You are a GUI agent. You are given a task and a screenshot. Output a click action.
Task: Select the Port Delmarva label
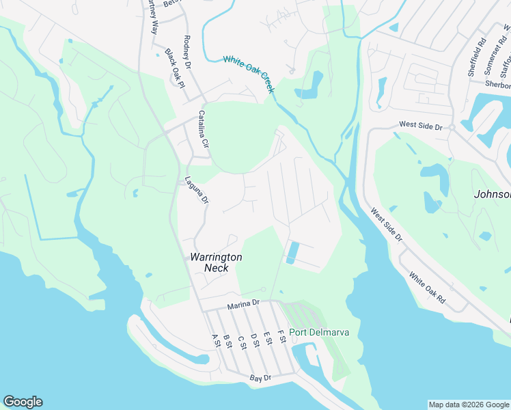point(319,333)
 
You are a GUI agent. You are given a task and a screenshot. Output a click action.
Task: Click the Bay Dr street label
point(260,377)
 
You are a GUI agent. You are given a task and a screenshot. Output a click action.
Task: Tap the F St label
point(281,336)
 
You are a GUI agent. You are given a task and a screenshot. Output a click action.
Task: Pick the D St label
point(254,339)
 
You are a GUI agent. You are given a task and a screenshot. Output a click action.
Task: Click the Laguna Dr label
point(197,191)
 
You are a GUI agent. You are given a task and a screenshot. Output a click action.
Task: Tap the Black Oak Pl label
point(174,68)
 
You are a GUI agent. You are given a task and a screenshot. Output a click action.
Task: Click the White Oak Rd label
point(427,288)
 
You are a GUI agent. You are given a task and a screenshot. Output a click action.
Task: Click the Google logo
point(23,402)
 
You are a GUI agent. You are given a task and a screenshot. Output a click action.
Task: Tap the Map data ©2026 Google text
point(468,405)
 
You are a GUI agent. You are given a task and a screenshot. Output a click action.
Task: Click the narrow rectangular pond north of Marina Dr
point(293,252)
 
